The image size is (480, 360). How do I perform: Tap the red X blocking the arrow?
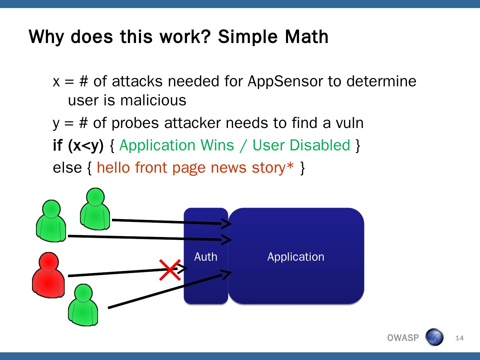tap(170, 270)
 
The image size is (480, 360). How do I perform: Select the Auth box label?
tap(206, 257)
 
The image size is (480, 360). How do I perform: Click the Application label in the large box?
tap(296, 257)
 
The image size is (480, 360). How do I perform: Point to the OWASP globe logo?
tap(434, 337)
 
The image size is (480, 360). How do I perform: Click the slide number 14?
tap(459, 338)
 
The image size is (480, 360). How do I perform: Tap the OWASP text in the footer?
tap(403, 338)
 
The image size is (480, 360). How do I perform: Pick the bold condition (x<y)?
tap(86, 145)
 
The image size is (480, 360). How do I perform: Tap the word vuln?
tap(350, 123)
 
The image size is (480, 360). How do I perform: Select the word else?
tap(67, 167)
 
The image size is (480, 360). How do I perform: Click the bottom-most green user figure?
tap(83, 305)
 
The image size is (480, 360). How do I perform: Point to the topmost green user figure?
tap(95, 209)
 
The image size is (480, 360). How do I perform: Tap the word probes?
tap(135, 123)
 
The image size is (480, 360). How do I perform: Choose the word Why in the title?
tap(46, 36)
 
